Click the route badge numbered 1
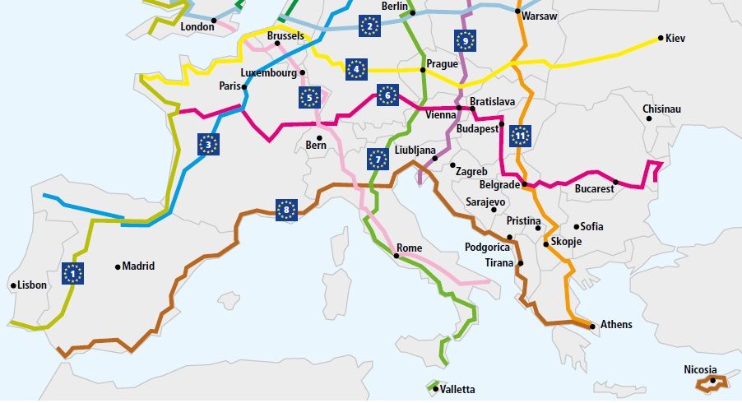pyautogui.click(x=73, y=273)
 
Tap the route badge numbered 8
pyautogui.click(x=286, y=210)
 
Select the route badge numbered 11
pyautogui.click(x=519, y=135)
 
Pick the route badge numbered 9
pyautogui.click(x=466, y=40)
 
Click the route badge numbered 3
pyautogui.click(x=209, y=145)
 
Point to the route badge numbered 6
pyautogui.click(x=387, y=95)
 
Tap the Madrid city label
pyautogui.click(x=138, y=266)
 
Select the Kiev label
pyautogui.click(x=675, y=39)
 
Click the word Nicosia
pyautogui.click(x=700, y=370)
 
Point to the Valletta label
pyautogui.click(x=458, y=389)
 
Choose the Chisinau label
pyautogui.click(x=662, y=109)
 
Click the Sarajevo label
pyautogui.click(x=485, y=201)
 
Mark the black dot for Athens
pyautogui.click(x=593, y=327)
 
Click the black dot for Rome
pyautogui.click(x=397, y=256)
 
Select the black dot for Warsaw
pyautogui.click(x=517, y=12)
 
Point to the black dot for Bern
pyautogui.click(x=318, y=137)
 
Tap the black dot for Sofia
pyautogui.click(x=576, y=226)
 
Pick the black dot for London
pyautogui.click(x=214, y=20)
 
